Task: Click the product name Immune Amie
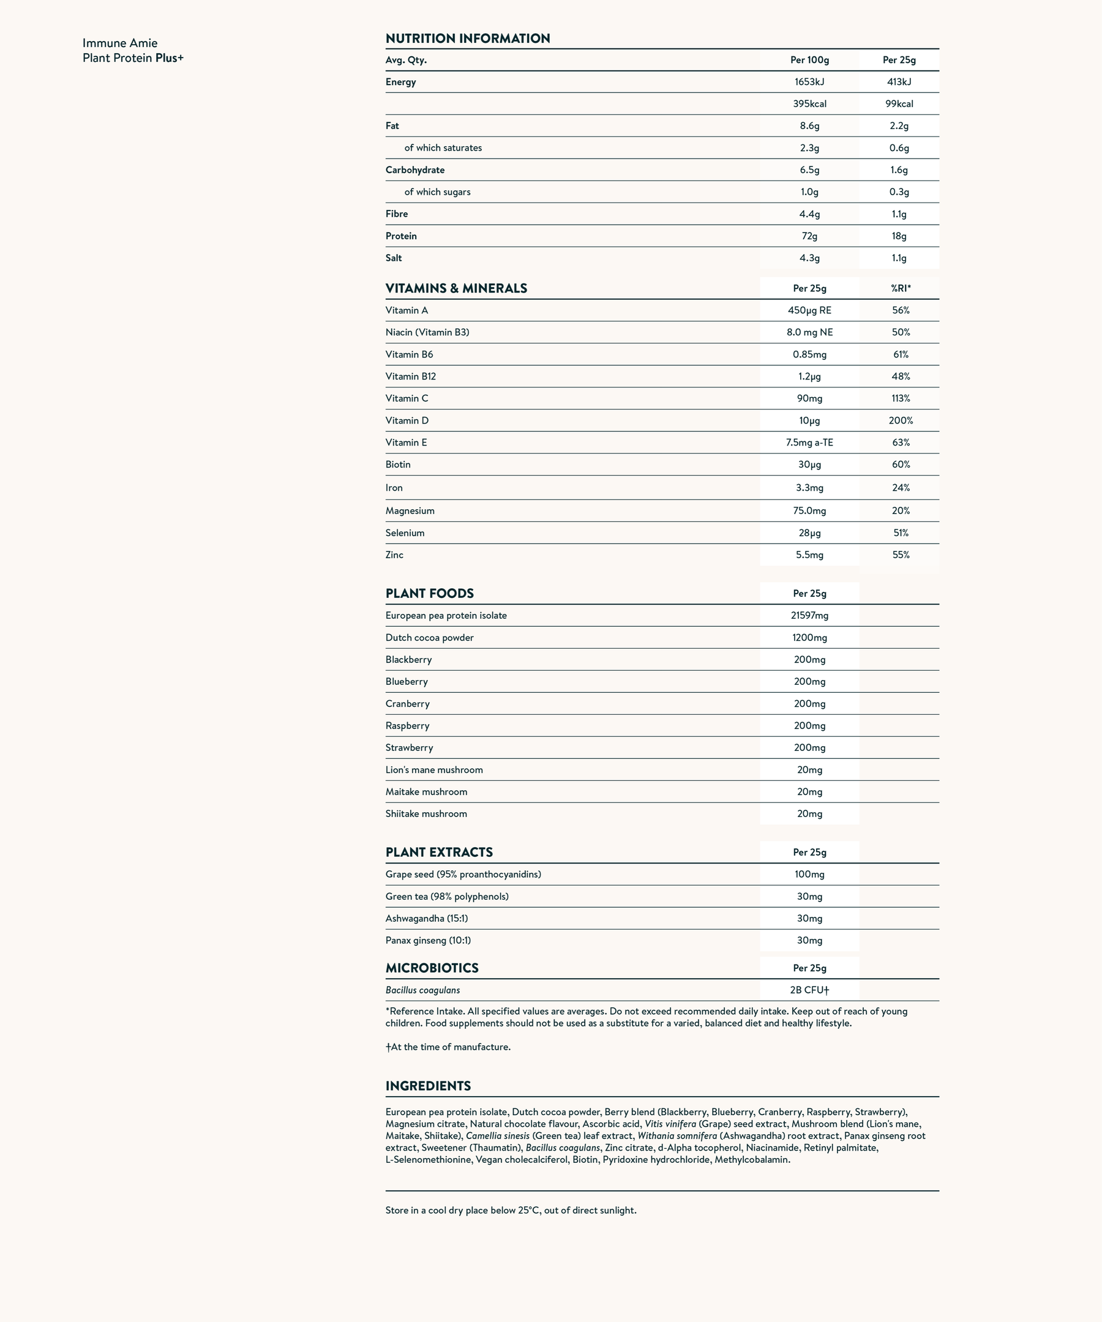(119, 43)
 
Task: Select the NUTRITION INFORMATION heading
(467, 39)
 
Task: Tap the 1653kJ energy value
(809, 82)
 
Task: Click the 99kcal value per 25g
(899, 104)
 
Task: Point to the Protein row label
(401, 236)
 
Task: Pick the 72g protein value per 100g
(809, 236)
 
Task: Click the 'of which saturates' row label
(443, 148)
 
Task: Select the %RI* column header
(901, 288)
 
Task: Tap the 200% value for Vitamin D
(901, 420)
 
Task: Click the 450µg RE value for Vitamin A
(809, 310)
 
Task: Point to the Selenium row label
(405, 532)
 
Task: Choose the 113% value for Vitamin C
(901, 398)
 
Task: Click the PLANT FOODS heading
(429, 593)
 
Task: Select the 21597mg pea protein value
(809, 616)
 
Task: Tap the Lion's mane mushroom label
(434, 770)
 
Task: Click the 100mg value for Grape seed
(809, 875)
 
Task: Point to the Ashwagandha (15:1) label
(426, 919)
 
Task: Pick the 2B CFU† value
(809, 990)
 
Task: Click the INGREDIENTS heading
(428, 1086)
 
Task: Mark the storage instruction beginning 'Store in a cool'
(511, 1210)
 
